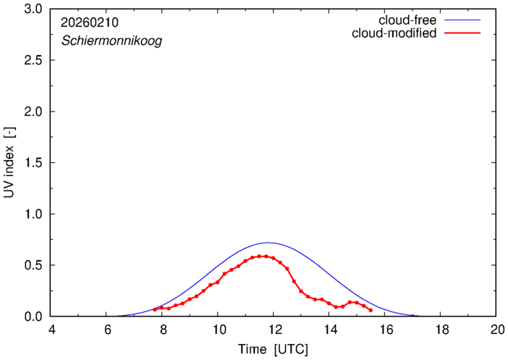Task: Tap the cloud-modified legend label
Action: click(394, 33)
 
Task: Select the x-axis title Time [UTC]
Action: click(273, 349)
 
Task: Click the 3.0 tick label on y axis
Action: click(33, 9)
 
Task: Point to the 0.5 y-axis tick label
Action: click(33, 266)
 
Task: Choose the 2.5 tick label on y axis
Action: click(33, 61)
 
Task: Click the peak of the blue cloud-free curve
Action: click(268, 243)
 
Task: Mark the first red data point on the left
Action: click(154, 309)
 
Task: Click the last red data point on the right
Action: click(371, 310)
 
